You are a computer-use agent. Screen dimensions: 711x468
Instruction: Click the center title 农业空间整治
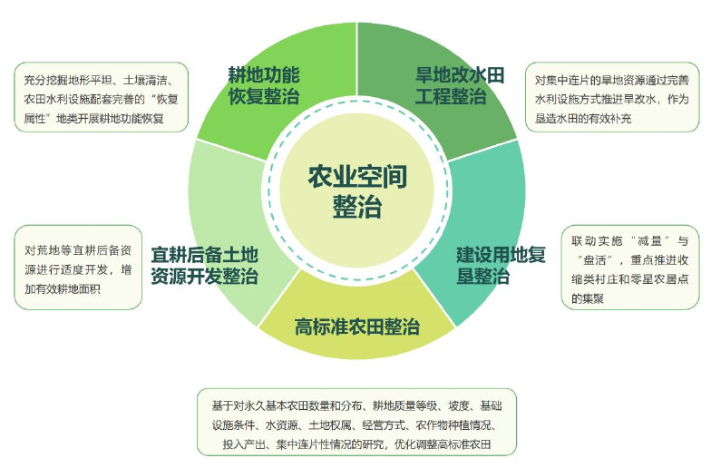pyautogui.click(x=357, y=191)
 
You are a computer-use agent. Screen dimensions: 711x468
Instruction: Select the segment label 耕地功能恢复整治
pyautogui.click(x=263, y=85)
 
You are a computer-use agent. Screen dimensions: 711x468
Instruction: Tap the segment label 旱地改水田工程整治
pyautogui.click(x=459, y=85)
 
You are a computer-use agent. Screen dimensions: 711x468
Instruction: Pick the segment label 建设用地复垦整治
pyautogui.click(x=501, y=265)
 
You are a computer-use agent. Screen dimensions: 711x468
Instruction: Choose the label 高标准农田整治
pyautogui.click(x=357, y=327)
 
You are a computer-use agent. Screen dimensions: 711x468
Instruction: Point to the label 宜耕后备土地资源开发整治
pyautogui.click(x=205, y=265)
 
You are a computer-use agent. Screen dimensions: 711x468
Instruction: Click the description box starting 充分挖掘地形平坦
pyautogui.click(x=102, y=97)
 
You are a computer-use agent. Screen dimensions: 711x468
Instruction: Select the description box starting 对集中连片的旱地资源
pyautogui.click(x=612, y=97)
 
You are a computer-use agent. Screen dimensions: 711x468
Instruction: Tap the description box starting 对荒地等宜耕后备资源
pyautogui.click(x=78, y=268)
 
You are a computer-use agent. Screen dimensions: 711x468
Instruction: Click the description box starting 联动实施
pyautogui.click(x=630, y=268)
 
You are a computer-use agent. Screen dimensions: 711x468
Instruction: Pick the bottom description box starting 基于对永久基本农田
pyautogui.click(x=357, y=422)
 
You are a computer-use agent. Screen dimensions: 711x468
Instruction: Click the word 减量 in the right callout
pyautogui.click(x=650, y=241)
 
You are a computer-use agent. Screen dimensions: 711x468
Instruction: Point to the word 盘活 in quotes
pyautogui.click(x=595, y=260)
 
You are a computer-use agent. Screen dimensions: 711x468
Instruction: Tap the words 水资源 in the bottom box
pyautogui.click(x=281, y=424)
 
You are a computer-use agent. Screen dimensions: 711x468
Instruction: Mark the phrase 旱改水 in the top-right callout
pyautogui.click(x=638, y=99)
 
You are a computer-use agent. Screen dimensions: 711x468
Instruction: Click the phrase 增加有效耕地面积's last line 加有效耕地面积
pyautogui.click(x=63, y=288)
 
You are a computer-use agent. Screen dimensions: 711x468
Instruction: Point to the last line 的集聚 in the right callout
pyautogui.click(x=588, y=298)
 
